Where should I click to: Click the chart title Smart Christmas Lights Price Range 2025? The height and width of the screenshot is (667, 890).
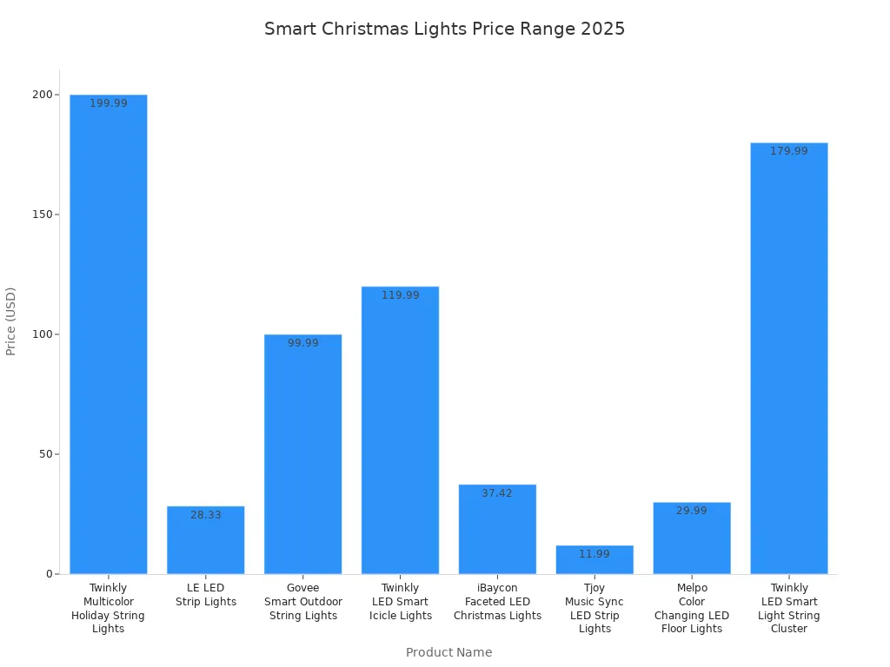(444, 29)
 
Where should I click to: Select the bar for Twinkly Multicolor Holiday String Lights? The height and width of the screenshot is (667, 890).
(109, 334)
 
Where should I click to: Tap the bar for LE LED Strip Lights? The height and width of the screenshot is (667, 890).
(206, 540)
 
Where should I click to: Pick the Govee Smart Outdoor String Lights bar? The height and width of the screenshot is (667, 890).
(303, 454)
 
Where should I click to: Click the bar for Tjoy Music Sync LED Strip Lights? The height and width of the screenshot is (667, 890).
(594, 560)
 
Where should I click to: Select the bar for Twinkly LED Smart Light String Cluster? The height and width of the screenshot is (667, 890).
(789, 358)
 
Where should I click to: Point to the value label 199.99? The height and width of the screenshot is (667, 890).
(109, 103)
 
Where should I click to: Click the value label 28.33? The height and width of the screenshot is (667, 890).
(206, 515)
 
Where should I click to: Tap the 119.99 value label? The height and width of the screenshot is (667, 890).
(401, 295)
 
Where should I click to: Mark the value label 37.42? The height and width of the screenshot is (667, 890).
(497, 493)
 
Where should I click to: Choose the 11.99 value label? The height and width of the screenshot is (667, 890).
(594, 554)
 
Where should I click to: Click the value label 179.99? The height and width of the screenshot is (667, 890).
(789, 151)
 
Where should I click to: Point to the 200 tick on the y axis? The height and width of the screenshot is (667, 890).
(40, 95)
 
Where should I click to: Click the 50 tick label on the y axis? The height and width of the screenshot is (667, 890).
(43, 454)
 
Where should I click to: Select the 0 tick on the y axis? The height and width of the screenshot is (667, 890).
(49, 574)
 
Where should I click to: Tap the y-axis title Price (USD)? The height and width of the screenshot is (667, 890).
(11, 321)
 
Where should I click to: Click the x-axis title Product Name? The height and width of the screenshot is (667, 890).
(448, 652)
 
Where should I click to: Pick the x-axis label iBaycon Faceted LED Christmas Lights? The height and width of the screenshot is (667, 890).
(497, 602)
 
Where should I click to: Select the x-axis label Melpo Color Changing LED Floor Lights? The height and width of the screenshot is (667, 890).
(692, 608)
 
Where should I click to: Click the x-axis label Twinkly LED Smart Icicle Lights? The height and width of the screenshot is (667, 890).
(401, 602)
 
